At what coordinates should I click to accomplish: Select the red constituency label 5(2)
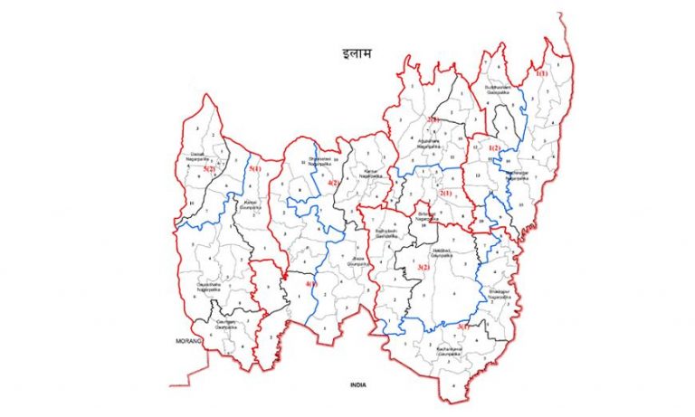pos(209,168)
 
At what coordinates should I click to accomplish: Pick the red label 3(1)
pos(463,326)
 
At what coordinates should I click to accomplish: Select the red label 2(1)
pos(445,193)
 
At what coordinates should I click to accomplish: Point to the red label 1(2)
pos(494,147)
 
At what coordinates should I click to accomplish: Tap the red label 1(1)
pos(541,72)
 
